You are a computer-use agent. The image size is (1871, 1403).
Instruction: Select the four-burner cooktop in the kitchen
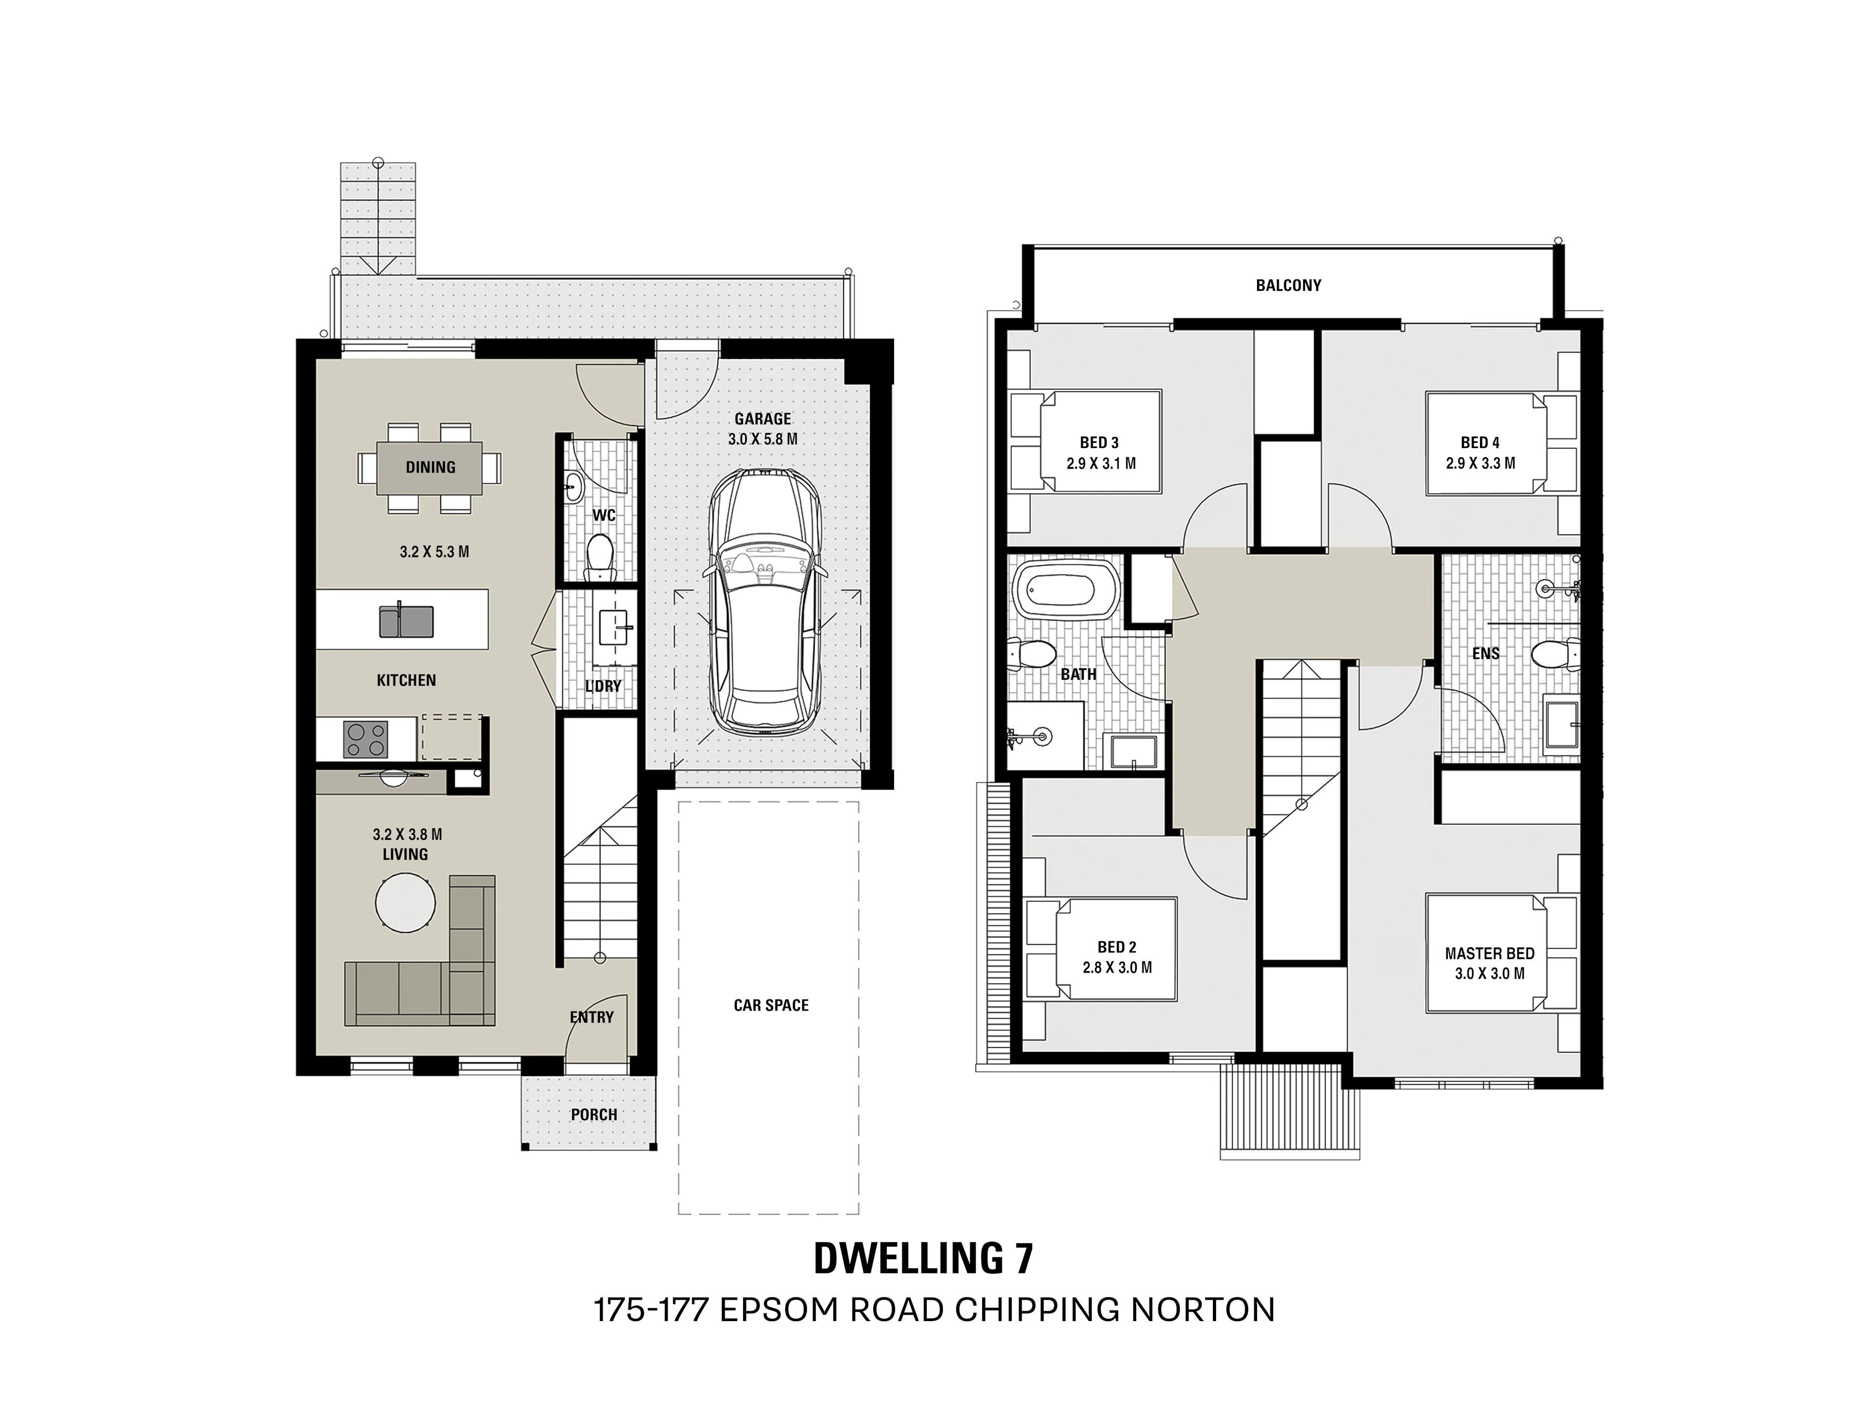coord(366,739)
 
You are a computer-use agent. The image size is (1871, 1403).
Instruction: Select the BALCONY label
coord(1288,286)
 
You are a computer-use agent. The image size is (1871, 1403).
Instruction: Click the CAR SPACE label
coord(771,1005)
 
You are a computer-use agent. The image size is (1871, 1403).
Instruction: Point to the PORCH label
coord(594,1115)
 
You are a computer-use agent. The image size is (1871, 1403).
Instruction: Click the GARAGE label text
coord(763,418)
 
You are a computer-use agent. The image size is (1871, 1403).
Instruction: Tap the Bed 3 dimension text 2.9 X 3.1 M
coord(1099,464)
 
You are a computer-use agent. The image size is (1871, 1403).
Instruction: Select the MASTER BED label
coord(1489,953)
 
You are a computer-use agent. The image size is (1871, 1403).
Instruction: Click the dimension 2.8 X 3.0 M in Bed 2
coord(1116,967)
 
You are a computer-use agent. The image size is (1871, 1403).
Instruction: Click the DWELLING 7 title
coord(923,1258)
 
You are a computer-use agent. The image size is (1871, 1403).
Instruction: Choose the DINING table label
coord(430,467)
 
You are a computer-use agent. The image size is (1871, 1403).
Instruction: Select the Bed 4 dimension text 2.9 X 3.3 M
coord(1480,464)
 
